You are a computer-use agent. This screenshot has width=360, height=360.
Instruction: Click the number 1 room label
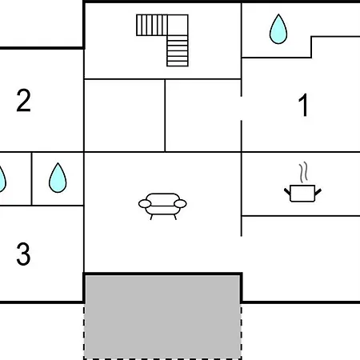pyautogui.click(x=303, y=105)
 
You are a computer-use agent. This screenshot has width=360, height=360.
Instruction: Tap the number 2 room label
pyautogui.click(x=23, y=100)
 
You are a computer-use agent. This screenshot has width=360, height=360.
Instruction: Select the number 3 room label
pyautogui.click(x=23, y=254)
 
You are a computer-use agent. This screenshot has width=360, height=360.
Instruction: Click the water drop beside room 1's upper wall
pyautogui.click(x=278, y=30)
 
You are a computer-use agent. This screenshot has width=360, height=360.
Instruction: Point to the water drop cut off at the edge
pyautogui.click(x=2, y=179)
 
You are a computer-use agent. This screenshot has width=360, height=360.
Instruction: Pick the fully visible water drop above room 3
pyautogui.click(x=58, y=178)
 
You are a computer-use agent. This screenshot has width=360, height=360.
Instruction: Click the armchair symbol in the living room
pyautogui.click(x=162, y=206)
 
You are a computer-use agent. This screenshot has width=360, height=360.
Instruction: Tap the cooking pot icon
pyautogui.click(x=302, y=193)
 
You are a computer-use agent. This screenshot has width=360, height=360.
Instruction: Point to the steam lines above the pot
pyautogui.click(x=303, y=173)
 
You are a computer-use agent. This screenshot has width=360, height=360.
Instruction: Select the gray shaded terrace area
pyautogui.click(x=162, y=317)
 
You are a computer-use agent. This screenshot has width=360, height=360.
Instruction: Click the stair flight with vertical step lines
pyautogui.click(x=152, y=25)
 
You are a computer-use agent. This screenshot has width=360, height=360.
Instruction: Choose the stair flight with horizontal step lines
pyautogui.click(x=178, y=51)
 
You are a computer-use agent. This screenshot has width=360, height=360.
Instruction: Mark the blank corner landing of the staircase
pyautogui.click(x=178, y=25)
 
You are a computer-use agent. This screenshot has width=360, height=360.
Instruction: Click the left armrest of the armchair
pyautogui.click(x=145, y=204)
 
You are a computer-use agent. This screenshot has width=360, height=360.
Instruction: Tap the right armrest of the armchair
pyautogui.click(x=180, y=204)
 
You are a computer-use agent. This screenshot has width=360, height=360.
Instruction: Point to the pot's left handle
pyautogui.click(x=287, y=191)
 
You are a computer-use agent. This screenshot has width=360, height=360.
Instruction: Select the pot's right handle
pyautogui.click(x=318, y=192)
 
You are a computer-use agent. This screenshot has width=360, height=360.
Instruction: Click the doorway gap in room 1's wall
pyautogui.click(x=242, y=108)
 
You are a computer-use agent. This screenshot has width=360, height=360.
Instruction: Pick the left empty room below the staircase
pyautogui.click(x=125, y=115)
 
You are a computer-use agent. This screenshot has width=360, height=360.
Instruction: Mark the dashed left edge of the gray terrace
pyautogui.click(x=84, y=330)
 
